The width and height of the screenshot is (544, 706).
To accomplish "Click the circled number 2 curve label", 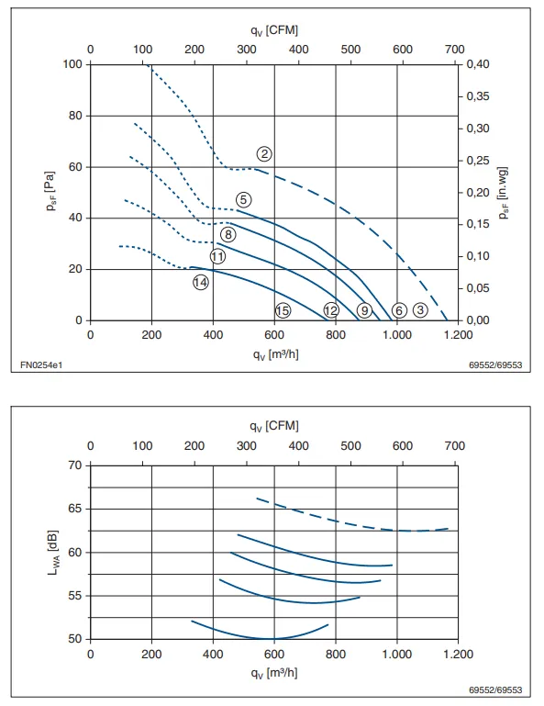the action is [264, 154].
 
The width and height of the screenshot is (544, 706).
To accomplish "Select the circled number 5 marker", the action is [243, 200].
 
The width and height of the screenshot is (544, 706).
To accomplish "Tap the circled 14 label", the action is [201, 283].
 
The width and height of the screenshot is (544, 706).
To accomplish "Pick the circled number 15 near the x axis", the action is [283, 310].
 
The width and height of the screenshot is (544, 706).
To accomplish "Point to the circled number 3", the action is [420, 309].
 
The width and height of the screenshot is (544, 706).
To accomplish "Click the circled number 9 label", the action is [364, 310].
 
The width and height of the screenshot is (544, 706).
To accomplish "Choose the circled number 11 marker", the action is [217, 257].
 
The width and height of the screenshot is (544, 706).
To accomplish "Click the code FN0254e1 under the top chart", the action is [41, 364].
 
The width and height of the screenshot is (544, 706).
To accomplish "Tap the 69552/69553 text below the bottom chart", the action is [495, 689].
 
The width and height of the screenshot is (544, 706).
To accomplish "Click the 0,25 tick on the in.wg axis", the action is [478, 161].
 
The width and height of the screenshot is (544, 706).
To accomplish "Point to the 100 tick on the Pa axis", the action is [72, 64].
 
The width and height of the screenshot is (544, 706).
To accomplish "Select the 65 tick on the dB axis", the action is [75, 509].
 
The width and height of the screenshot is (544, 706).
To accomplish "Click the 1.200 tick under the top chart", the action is [458, 335].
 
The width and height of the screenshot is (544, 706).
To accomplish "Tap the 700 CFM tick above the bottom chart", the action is [454, 446].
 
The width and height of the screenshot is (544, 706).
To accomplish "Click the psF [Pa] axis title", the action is [50, 191].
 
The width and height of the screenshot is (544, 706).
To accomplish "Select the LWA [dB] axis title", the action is [53, 553].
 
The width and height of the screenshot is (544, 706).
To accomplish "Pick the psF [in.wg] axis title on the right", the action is [504, 193].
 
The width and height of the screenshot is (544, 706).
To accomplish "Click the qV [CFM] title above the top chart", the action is [274, 30].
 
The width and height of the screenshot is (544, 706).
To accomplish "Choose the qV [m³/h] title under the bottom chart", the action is [274, 673].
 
